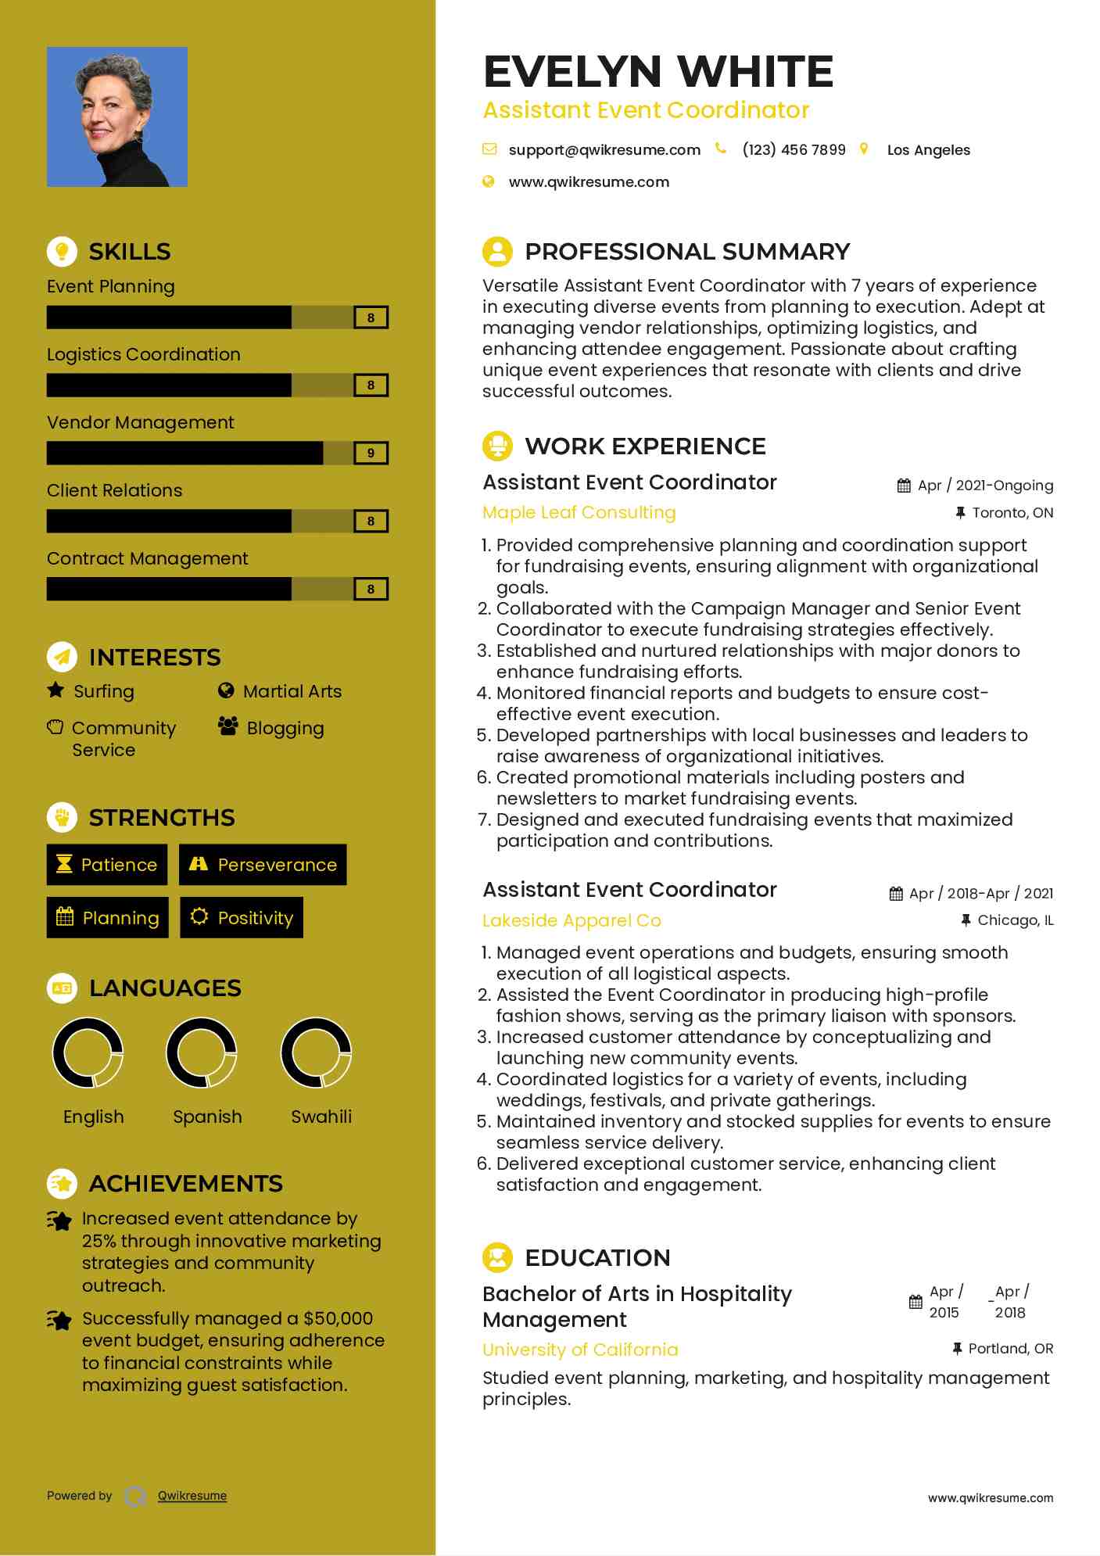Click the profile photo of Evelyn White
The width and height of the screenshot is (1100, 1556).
[117, 117]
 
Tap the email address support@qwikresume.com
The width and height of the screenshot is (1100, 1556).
[604, 150]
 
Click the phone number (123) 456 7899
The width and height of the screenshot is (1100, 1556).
[794, 150]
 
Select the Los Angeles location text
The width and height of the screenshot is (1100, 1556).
[928, 150]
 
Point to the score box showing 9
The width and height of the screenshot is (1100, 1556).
[371, 454]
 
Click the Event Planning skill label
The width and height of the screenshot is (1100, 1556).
[110, 286]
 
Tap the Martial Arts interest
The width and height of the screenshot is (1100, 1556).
[292, 691]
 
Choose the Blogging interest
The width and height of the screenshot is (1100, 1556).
[285, 728]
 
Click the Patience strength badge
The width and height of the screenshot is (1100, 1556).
[107, 865]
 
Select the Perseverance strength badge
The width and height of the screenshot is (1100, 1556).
[263, 865]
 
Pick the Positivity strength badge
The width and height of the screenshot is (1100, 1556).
[242, 918]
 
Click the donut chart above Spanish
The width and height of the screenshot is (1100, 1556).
[202, 1052]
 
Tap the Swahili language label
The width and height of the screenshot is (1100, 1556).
[321, 1117]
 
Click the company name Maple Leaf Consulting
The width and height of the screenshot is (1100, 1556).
[579, 512]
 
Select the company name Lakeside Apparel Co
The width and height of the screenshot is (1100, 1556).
[571, 920]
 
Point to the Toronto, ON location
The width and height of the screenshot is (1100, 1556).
[1012, 513]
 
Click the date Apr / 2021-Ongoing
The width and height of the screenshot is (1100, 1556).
[1004, 486]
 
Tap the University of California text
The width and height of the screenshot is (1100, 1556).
[580, 1350]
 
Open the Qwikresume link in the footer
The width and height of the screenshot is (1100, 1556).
[192, 1496]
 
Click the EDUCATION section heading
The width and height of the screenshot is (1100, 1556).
[597, 1257]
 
